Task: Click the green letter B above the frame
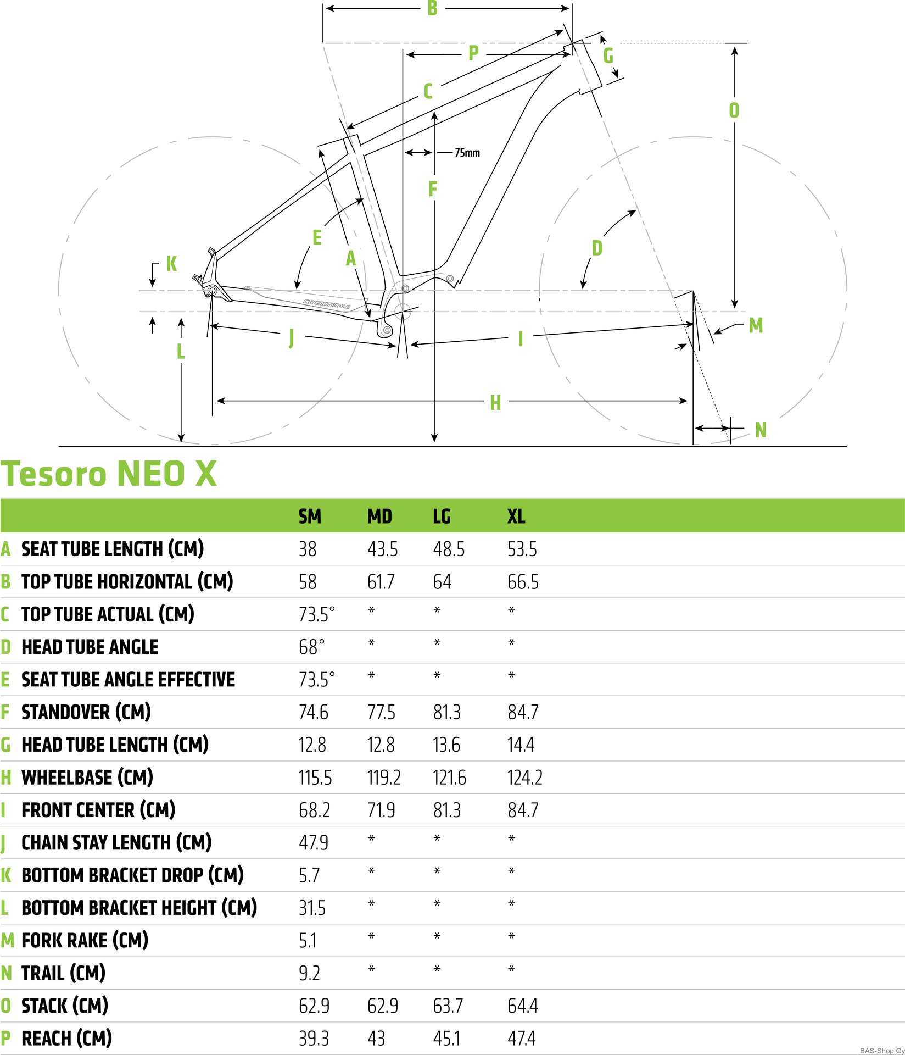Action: tap(432, 8)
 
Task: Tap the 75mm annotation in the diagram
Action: tap(467, 153)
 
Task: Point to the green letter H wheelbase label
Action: tap(495, 403)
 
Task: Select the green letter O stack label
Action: tap(734, 110)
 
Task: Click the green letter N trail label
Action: tap(761, 430)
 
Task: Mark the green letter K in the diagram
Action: tap(171, 264)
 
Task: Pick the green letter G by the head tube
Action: tap(608, 55)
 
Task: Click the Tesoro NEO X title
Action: tap(109, 474)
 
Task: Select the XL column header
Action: tap(516, 517)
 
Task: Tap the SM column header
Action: tap(310, 517)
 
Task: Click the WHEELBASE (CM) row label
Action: tap(87, 778)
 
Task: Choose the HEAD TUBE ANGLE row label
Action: tap(90, 647)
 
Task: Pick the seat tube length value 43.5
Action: tap(383, 549)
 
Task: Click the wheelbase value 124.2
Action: tap(525, 778)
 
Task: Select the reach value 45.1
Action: tap(446, 1039)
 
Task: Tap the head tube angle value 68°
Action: tap(312, 647)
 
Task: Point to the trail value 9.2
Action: tap(309, 973)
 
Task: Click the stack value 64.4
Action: tap(523, 1006)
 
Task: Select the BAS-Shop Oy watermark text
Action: tap(882, 1051)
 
